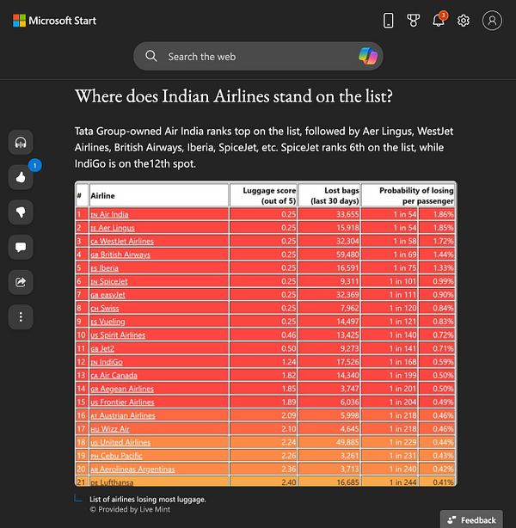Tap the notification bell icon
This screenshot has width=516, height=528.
coord(439,21)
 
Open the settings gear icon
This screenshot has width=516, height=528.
coord(464,21)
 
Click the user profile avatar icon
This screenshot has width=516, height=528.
coord(492,21)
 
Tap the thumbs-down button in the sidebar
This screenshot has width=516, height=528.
coord(20,212)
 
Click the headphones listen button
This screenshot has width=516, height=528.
coord(20,142)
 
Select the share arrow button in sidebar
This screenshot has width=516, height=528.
coord(20,281)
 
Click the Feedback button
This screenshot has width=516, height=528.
coord(472,519)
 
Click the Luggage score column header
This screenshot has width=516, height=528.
coord(268,194)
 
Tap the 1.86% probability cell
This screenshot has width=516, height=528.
coord(444,214)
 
